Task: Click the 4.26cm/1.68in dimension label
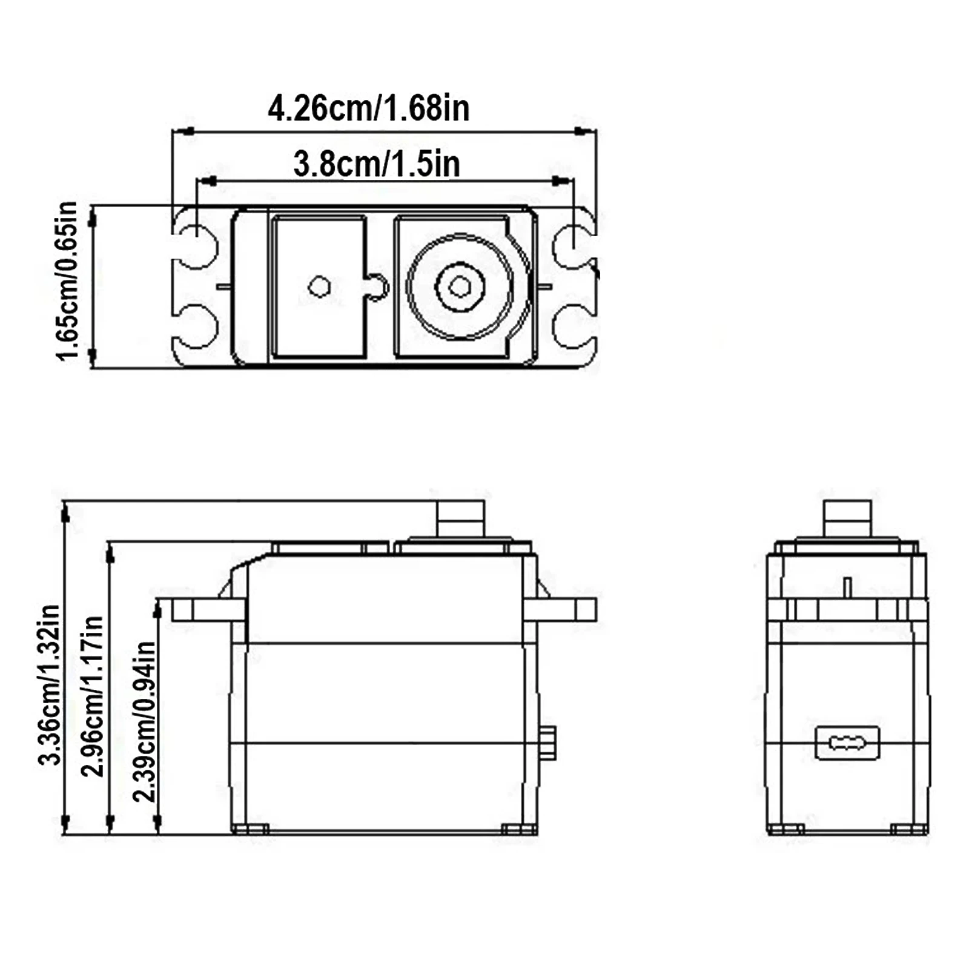click(368, 109)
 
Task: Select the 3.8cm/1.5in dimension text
click(376, 164)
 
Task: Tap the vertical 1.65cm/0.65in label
click(67, 281)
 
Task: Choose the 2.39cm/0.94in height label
click(144, 721)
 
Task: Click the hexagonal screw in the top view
click(460, 285)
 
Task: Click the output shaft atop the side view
click(460, 518)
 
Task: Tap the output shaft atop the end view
click(847, 518)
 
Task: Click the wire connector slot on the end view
click(847, 742)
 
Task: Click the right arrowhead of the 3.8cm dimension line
click(560, 180)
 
